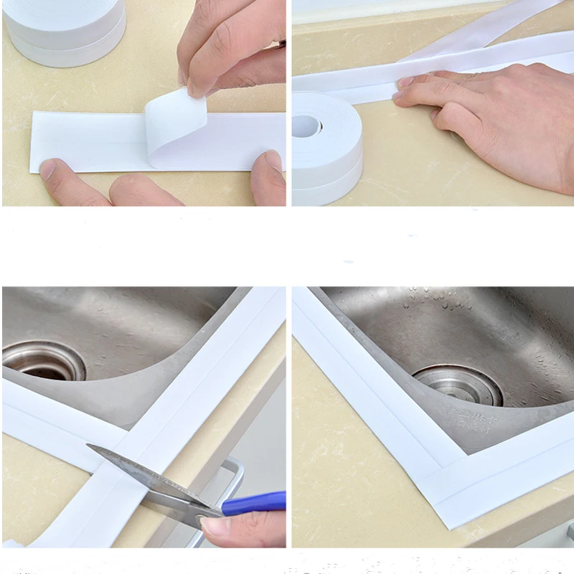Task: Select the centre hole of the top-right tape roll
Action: coord(306,126)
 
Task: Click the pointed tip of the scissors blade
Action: coord(90,447)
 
